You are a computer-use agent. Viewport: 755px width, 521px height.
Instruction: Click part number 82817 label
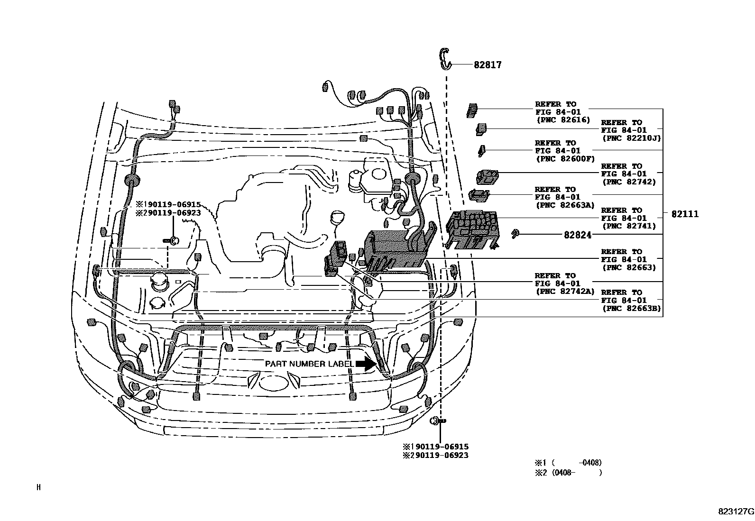[487, 65]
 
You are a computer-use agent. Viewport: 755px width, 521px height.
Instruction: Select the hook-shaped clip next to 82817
[445, 57]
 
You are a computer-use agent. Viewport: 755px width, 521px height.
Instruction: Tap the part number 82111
[685, 214]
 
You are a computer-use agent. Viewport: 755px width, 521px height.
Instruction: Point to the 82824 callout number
[578, 235]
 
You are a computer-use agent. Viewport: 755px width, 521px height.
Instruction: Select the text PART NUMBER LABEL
[309, 364]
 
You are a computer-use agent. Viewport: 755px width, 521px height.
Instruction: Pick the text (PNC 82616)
[563, 120]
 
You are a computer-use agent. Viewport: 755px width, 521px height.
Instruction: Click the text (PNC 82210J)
[631, 138]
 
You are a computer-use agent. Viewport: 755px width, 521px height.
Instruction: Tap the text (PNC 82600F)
[565, 159]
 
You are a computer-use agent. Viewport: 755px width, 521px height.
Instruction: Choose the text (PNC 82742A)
[565, 292]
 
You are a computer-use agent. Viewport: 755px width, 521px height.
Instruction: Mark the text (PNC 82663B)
[631, 309]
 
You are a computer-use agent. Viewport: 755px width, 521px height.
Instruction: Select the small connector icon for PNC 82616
[472, 110]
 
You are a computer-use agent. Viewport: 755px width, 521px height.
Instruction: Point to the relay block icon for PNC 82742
[488, 177]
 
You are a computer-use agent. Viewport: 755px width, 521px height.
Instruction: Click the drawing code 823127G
[736, 512]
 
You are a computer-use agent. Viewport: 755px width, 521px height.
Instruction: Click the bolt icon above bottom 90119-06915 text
[437, 420]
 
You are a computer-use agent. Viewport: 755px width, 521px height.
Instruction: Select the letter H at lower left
[38, 487]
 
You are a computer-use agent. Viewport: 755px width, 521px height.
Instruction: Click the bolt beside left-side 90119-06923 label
[172, 240]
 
